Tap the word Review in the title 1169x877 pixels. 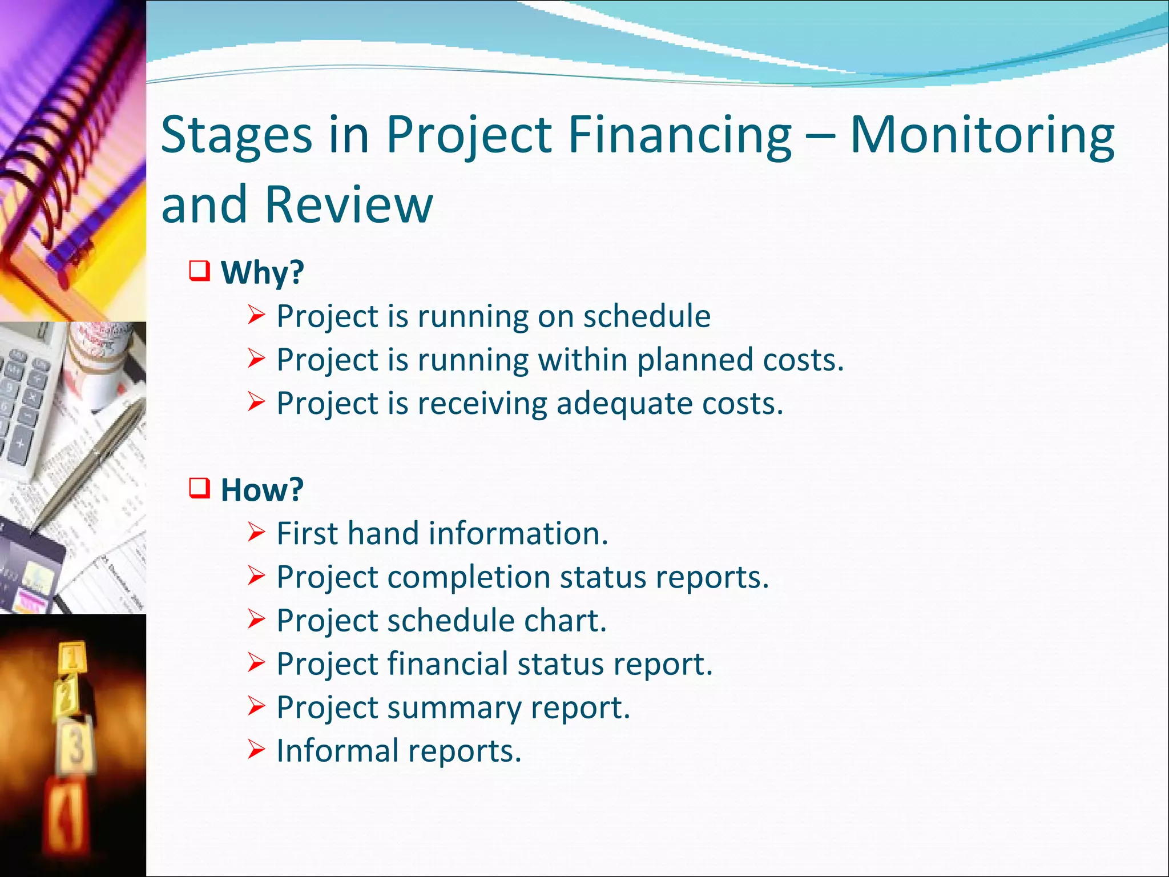pos(349,204)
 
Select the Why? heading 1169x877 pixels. pos(262,272)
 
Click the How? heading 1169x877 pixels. pos(262,490)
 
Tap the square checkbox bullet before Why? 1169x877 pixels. pos(200,271)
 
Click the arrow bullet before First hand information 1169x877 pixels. pos(256,533)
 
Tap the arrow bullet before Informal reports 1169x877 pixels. pos(256,749)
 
